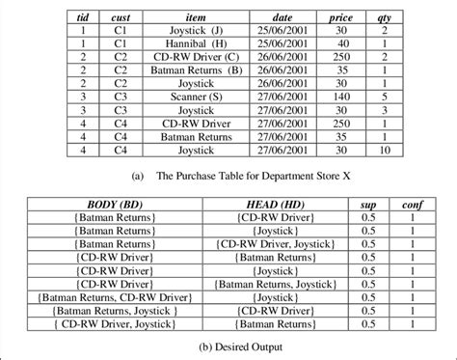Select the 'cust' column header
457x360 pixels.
click(x=121, y=17)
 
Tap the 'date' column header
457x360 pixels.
click(x=282, y=17)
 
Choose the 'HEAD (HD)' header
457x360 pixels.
click(x=277, y=206)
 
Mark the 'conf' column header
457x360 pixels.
click(x=412, y=206)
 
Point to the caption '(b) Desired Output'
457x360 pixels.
click(x=228, y=345)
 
